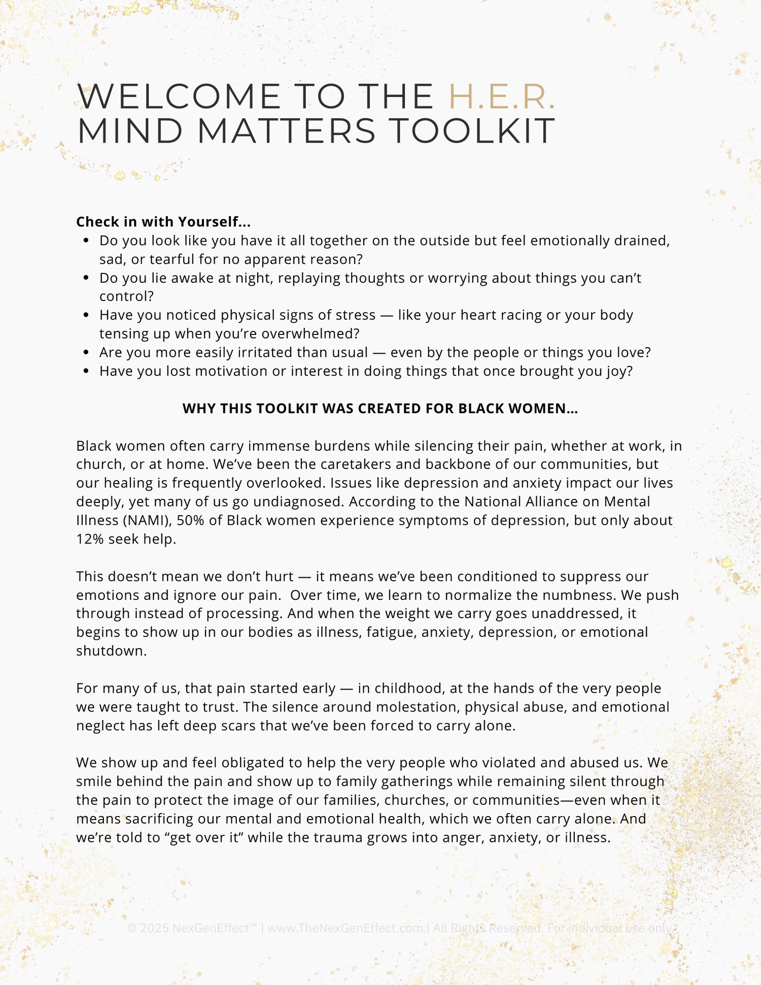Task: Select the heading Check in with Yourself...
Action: [163, 222]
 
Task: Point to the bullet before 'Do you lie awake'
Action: [86, 278]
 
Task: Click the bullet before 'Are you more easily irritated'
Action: [86, 353]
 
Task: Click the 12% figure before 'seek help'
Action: [90, 539]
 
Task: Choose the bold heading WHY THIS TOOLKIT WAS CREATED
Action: [380, 409]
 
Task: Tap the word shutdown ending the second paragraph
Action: [111, 651]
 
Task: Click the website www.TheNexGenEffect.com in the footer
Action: [345, 928]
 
